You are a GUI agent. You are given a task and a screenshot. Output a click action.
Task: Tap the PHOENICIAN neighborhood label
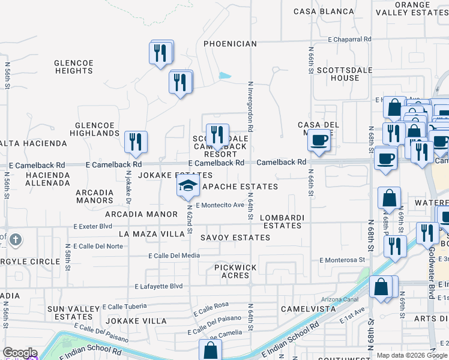[x=230, y=44]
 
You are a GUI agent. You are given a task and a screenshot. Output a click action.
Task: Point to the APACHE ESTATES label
[x=240, y=187]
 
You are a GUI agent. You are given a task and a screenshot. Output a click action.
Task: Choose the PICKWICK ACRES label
[x=235, y=271]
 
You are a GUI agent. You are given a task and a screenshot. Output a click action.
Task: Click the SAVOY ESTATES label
[x=235, y=238]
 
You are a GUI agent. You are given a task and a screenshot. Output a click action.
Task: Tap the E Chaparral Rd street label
[x=350, y=39]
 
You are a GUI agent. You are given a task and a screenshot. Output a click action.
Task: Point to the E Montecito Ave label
[x=220, y=205]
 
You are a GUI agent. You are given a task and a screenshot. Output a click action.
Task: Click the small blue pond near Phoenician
[x=225, y=76]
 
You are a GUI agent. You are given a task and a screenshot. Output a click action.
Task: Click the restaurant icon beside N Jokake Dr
[x=136, y=142]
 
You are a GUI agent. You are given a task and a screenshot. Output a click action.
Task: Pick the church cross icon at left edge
[x=15, y=241]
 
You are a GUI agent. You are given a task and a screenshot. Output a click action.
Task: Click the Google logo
[x=20, y=353]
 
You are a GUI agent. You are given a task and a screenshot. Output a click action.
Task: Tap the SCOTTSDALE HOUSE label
[x=338, y=74]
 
